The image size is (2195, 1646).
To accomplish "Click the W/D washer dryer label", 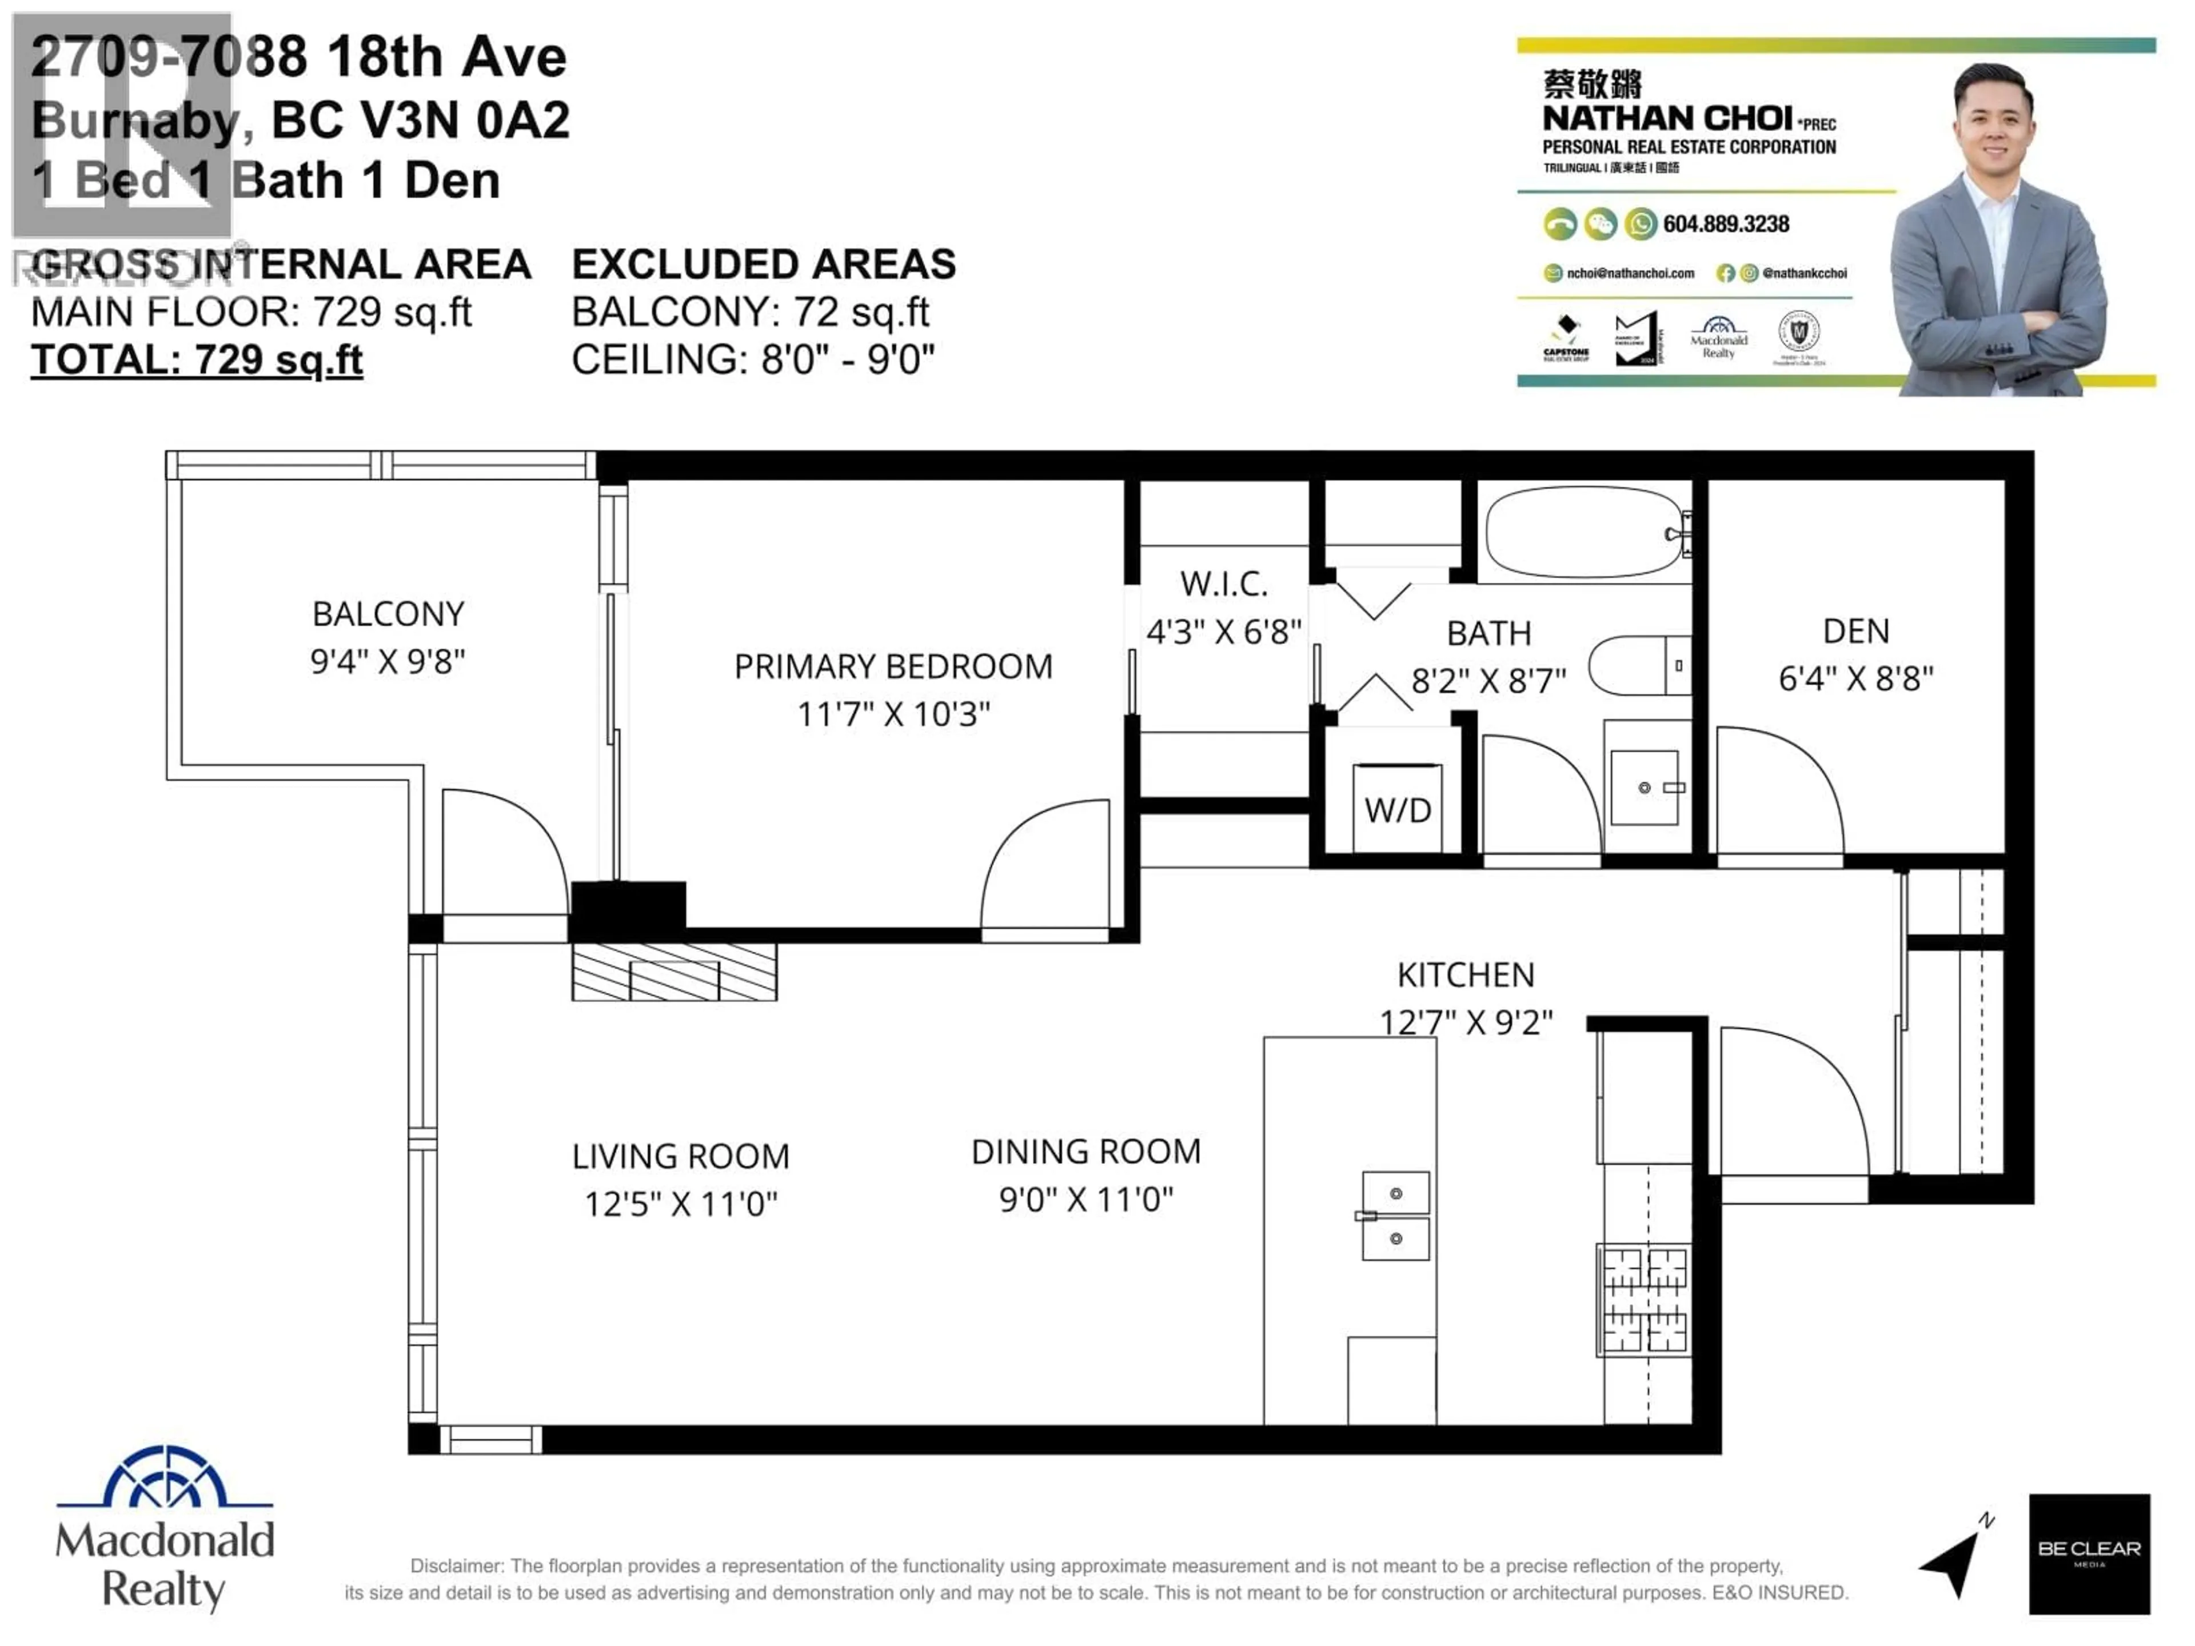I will point(1397,810).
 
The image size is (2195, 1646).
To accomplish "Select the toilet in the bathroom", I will point(1637,666).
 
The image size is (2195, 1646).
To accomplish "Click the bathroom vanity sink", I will point(1645,788).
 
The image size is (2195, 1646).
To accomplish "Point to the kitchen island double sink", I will point(1395,1216).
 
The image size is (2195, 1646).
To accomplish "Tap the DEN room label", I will point(1855,631).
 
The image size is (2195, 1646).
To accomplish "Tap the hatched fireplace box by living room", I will point(674,972).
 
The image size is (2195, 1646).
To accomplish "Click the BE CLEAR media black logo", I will point(2089,1553).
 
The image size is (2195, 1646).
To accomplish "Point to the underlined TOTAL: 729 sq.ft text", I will point(197,359).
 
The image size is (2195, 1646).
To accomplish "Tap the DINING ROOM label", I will point(1085,1152).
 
